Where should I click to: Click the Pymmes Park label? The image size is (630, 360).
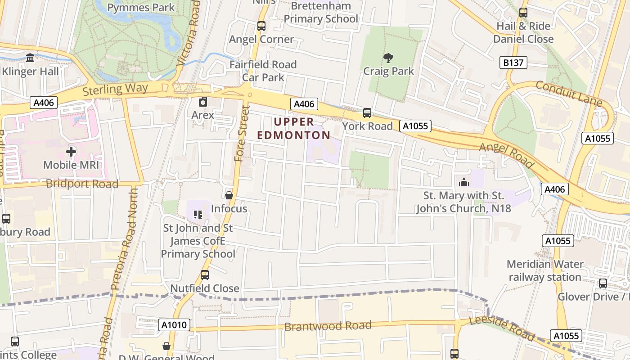[141, 7]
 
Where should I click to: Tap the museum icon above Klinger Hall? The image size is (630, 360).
[30, 58]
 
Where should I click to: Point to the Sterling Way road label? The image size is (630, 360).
[115, 89]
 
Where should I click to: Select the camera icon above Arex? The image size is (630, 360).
[203, 102]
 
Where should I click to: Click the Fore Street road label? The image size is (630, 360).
[242, 134]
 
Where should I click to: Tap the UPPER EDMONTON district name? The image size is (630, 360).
[293, 128]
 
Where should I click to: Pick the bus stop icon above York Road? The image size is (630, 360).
[367, 113]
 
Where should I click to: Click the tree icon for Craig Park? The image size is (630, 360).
[388, 58]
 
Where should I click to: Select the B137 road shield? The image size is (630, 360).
[513, 63]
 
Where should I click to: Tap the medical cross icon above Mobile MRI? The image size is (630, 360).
[71, 152]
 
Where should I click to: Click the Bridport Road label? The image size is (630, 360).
[82, 184]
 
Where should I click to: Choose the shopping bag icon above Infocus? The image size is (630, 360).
[229, 195]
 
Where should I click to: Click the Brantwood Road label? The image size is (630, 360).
[328, 325]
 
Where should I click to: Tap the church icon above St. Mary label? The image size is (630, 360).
[463, 182]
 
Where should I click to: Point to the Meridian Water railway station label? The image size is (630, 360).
[545, 270]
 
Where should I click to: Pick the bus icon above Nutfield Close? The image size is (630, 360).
[205, 274]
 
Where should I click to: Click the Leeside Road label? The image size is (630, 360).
[502, 328]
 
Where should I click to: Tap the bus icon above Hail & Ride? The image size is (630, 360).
[523, 13]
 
